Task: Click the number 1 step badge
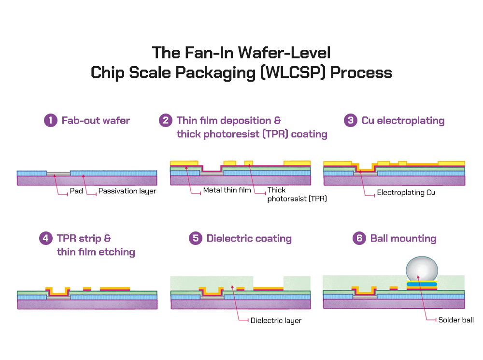click(51, 120)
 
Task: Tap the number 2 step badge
click(166, 120)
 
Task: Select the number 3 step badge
click(351, 120)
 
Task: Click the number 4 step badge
click(46, 238)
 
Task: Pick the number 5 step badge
click(196, 238)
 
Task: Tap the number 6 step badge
click(359, 238)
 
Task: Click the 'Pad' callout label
click(76, 191)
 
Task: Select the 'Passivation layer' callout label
click(127, 191)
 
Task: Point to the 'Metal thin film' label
click(227, 190)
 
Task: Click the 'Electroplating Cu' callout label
click(406, 193)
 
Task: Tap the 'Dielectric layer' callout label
click(276, 320)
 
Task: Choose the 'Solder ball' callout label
click(456, 320)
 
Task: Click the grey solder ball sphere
click(422, 268)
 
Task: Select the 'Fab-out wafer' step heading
click(96, 120)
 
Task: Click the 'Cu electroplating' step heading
click(403, 120)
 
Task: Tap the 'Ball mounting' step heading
click(403, 238)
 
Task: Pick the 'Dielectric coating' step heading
click(249, 238)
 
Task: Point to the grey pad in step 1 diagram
click(58, 173)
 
